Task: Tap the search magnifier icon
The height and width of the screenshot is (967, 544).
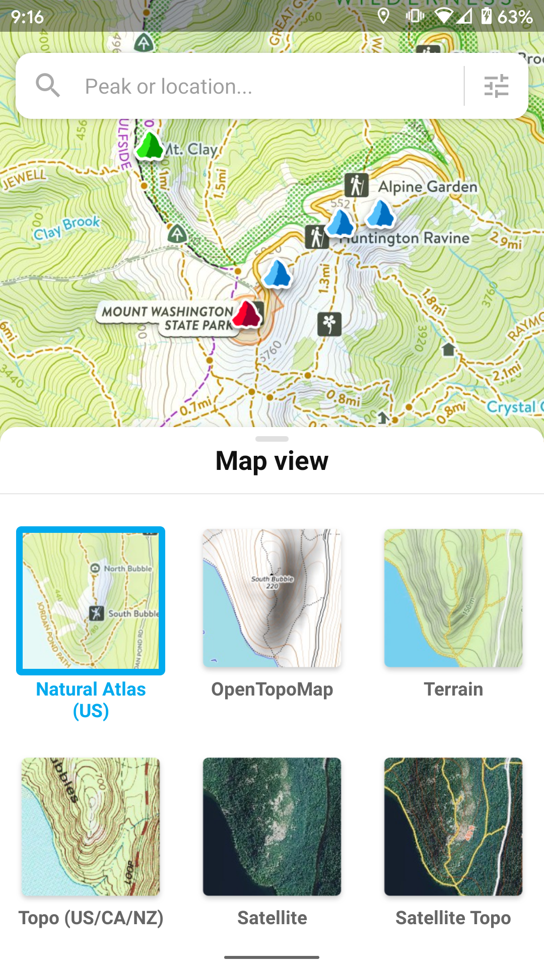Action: pos(48,85)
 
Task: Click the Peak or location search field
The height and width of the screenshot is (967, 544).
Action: pos(262,86)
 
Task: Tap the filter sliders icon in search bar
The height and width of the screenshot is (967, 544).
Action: pos(496,86)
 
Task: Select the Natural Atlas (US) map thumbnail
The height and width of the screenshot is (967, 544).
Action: pos(91,600)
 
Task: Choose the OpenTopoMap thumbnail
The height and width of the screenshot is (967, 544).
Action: pos(272,598)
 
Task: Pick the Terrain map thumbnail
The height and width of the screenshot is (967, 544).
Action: pos(453,598)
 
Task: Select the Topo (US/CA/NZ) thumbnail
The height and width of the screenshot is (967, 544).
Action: pos(91,826)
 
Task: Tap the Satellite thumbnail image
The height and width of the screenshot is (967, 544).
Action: pos(272,826)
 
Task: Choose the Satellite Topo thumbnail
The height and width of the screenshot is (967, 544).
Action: pos(453,826)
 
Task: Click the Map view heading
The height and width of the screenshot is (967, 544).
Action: pos(272,461)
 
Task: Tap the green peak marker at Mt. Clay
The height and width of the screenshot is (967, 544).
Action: pos(150,146)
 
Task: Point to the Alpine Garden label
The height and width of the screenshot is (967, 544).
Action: pos(428,187)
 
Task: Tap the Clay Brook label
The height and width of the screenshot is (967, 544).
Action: pos(66,228)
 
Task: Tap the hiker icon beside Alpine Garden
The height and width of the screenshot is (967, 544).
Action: pos(356,185)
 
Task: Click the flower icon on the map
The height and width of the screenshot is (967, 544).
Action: pos(329,323)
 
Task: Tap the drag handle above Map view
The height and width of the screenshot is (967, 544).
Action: pos(272,439)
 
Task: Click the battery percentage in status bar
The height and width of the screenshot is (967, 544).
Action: pos(515,17)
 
